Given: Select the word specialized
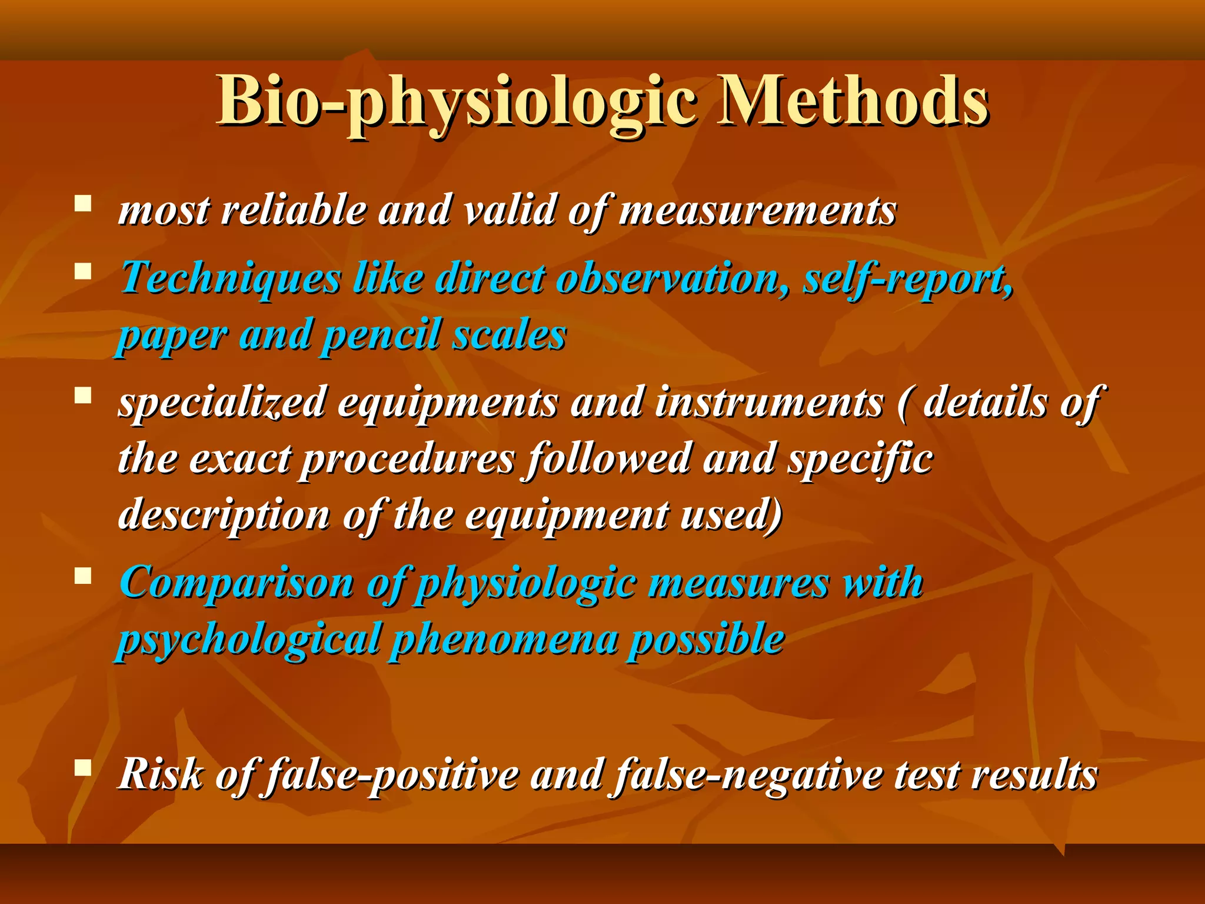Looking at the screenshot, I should pyautogui.click(x=222, y=403).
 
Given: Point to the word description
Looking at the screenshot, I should pyautogui.click(x=224, y=516).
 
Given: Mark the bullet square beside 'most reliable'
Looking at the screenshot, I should pyautogui.click(x=83, y=204).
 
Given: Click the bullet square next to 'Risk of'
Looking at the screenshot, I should pyautogui.click(x=83, y=767).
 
